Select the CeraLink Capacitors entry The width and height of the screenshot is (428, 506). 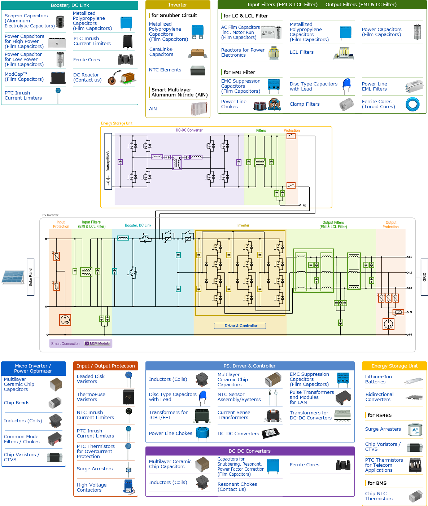coord(161,52)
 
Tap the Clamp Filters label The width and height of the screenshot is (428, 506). coord(305,104)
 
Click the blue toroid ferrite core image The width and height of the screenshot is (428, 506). coord(412,105)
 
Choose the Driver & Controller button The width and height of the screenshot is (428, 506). coord(240,326)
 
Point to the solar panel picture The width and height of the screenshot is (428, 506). coord(13,277)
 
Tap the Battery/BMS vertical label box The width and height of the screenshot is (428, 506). coord(108,161)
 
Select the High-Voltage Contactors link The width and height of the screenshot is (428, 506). coord(92,488)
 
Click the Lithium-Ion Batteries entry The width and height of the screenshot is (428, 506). coord(378,379)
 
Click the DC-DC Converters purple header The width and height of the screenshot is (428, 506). coord(250,451)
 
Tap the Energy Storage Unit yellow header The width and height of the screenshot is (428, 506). coord(394,366)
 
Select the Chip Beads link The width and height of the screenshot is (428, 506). coord(17,403)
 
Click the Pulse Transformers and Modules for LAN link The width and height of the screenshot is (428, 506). coord(311,397)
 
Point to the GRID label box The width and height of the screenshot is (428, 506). coord(424,277)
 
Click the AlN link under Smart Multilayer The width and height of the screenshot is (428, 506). coord(153,109)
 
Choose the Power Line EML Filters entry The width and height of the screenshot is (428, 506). coord(374,87)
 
